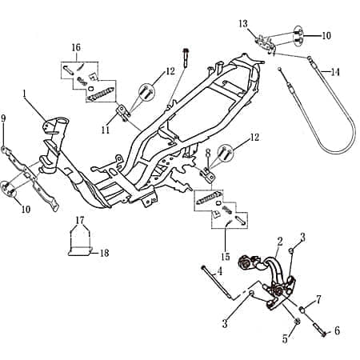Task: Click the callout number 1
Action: [26, 94]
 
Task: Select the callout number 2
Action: [279, 240]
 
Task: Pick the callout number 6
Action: [336, 330]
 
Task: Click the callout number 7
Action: [318, 300]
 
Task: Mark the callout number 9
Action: [3, 118]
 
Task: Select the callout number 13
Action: [243, 23]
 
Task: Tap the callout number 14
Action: [335, 72]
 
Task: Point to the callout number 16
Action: [76, 48]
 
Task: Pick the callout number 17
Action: [79, 219]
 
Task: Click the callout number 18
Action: [104, 253]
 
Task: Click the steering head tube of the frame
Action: [56, 128]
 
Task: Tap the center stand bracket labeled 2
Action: [272, 276]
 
